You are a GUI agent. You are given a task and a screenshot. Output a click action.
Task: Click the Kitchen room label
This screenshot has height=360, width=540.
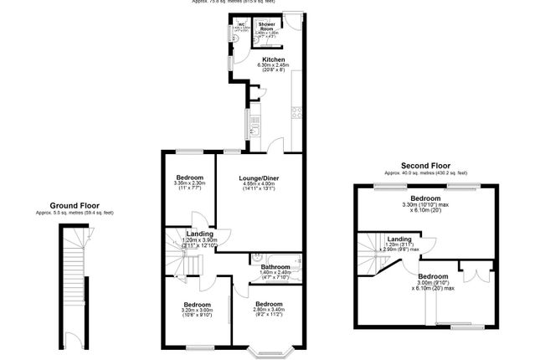point(274,60)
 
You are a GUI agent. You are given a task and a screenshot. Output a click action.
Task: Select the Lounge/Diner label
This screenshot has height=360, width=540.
point(258,178)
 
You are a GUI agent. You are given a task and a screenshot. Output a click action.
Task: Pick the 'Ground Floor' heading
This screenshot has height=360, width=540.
point(75,205)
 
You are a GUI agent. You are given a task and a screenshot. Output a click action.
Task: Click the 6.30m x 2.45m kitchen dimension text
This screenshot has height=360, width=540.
point(274,68)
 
